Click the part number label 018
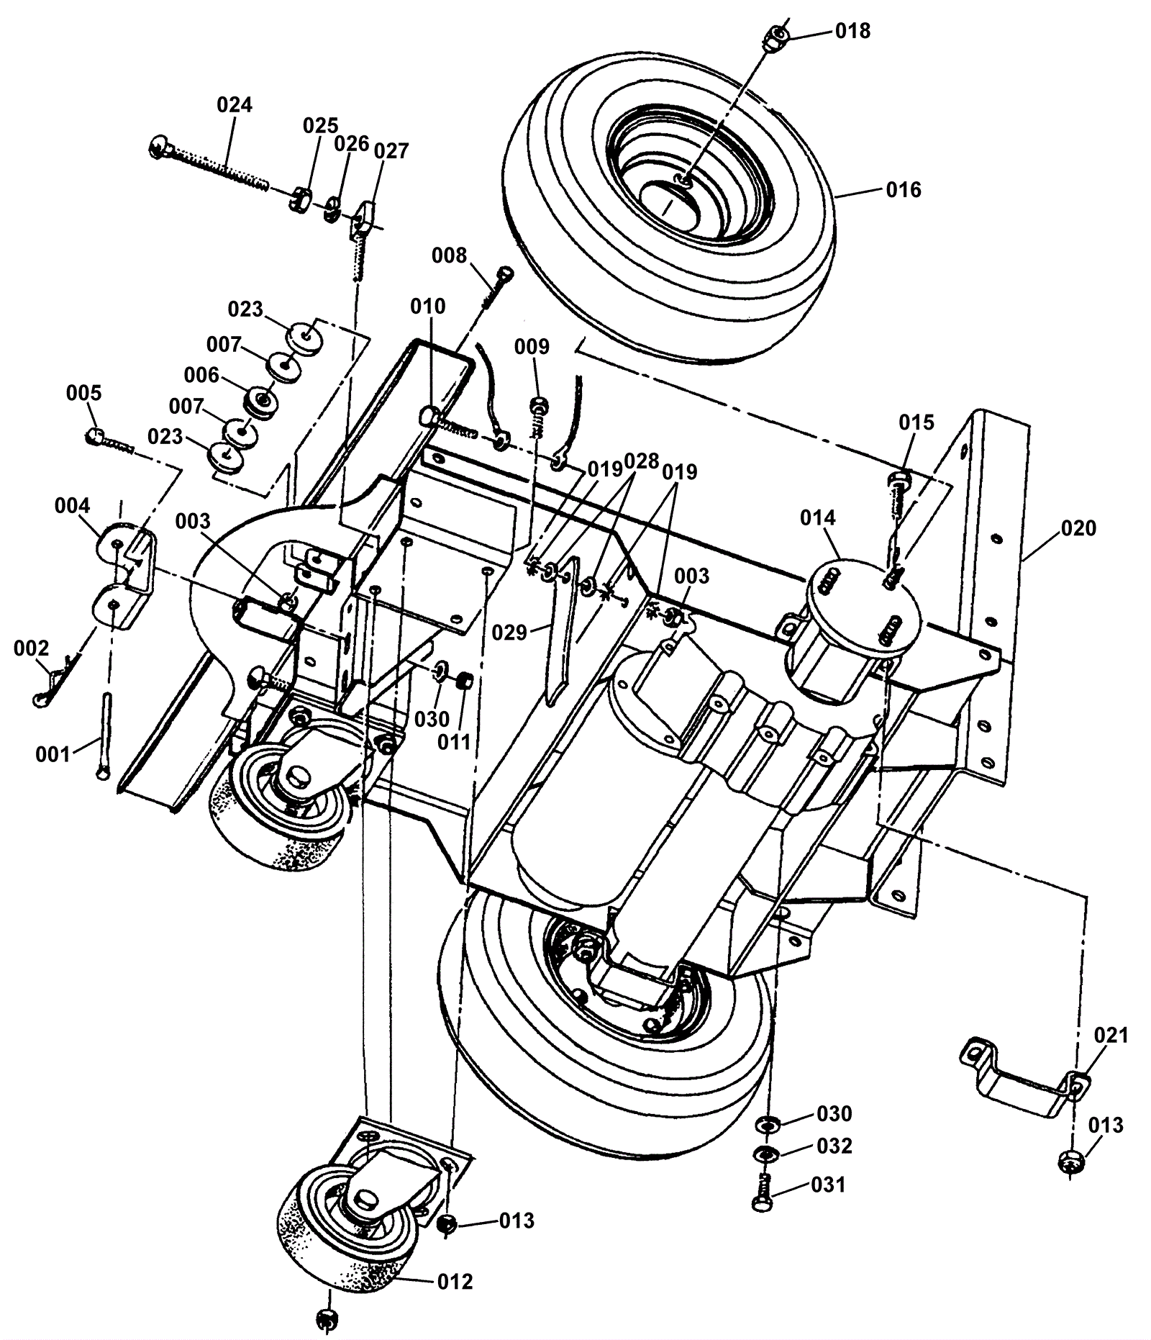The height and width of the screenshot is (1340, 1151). pyautogui.click(x=852, y=31)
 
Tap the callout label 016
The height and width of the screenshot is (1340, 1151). pyautogui.click(x=904, y=190)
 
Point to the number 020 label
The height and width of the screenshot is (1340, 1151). pyautogui.click(x=1078, y=528)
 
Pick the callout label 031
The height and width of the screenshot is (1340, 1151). pyautogui.click(x=828, y=1185)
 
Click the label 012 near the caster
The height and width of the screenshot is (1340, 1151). pyautogui.click(x=455, y=1282)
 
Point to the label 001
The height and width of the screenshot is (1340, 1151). pyautogui.click(x=53, y=754)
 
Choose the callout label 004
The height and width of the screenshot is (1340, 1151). pyautogui.click(x=72, y=506)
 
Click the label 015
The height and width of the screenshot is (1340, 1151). pyautogui.click(x=916, y=422)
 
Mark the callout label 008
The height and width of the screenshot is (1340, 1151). pyautogui.click(x=449, y=255)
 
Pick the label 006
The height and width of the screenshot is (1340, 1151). pyautogui.click(x=201, y=375)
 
